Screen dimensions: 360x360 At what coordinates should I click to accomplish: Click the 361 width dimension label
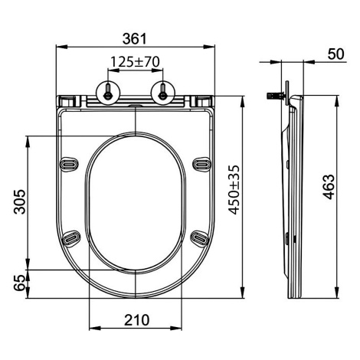pos(135,39)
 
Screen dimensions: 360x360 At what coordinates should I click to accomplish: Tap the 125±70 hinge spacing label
pos(135,61)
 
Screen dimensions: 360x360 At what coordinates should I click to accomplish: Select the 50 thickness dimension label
pos(335,54)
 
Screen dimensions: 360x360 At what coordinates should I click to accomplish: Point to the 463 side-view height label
pos(329,187)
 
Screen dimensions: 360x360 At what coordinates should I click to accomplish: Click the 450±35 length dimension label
pos(234,190)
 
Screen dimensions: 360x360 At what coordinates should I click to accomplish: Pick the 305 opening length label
pos(20,201)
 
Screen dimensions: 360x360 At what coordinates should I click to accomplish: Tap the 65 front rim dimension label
pos(20,283)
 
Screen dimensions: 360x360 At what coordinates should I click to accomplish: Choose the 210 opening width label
pos(136,320)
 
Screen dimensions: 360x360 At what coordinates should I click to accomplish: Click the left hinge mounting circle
pos(108,93)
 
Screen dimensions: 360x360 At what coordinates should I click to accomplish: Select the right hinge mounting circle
pos(163,93)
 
